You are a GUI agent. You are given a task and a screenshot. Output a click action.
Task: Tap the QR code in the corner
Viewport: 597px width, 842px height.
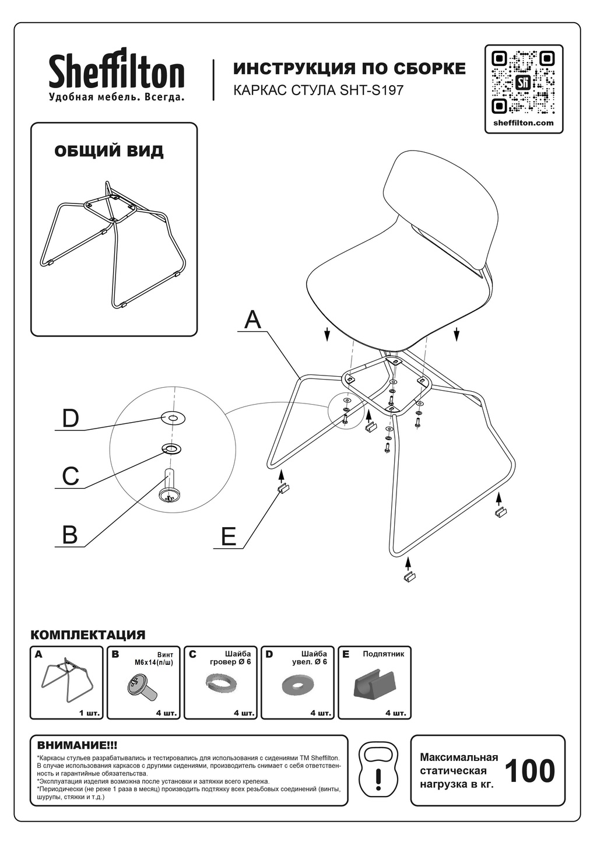(x=523, y=82)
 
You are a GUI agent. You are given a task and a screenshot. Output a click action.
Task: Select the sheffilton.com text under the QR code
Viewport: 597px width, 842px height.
(x=524, y=123)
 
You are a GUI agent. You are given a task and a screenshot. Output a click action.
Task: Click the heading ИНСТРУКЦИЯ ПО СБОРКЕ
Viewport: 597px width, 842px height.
(x=349, y=69)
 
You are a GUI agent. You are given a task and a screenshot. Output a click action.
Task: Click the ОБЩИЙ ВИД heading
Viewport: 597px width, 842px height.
(x=109, y=151)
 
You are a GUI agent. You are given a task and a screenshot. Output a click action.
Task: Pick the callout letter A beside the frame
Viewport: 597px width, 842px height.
(x=252, y=320)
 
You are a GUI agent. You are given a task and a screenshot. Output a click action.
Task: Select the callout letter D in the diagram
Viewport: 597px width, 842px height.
(x=71, y=418)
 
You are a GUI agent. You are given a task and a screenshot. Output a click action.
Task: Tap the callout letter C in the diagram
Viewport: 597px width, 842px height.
(x=71, y=476)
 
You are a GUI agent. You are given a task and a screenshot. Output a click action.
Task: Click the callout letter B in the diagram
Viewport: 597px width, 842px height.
(x=70, y=534)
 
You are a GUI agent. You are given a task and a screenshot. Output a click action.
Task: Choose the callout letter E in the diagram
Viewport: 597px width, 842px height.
(x=229, y=536)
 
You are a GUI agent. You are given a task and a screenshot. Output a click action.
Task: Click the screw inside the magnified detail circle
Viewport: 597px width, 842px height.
(x=169, y=487)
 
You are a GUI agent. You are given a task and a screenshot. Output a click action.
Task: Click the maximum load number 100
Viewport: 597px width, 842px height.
(x=529, y=771)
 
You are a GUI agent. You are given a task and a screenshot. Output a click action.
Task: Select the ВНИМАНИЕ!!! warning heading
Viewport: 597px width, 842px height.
(x=77, y=745)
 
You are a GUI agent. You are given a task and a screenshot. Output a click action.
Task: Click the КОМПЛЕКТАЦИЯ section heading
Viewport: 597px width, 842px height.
(x=87, y=635)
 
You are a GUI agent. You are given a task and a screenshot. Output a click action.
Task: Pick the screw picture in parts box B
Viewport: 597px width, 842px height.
(x=142, y=685)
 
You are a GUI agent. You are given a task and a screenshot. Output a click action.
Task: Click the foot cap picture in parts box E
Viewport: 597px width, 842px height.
(x=374, y=684)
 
